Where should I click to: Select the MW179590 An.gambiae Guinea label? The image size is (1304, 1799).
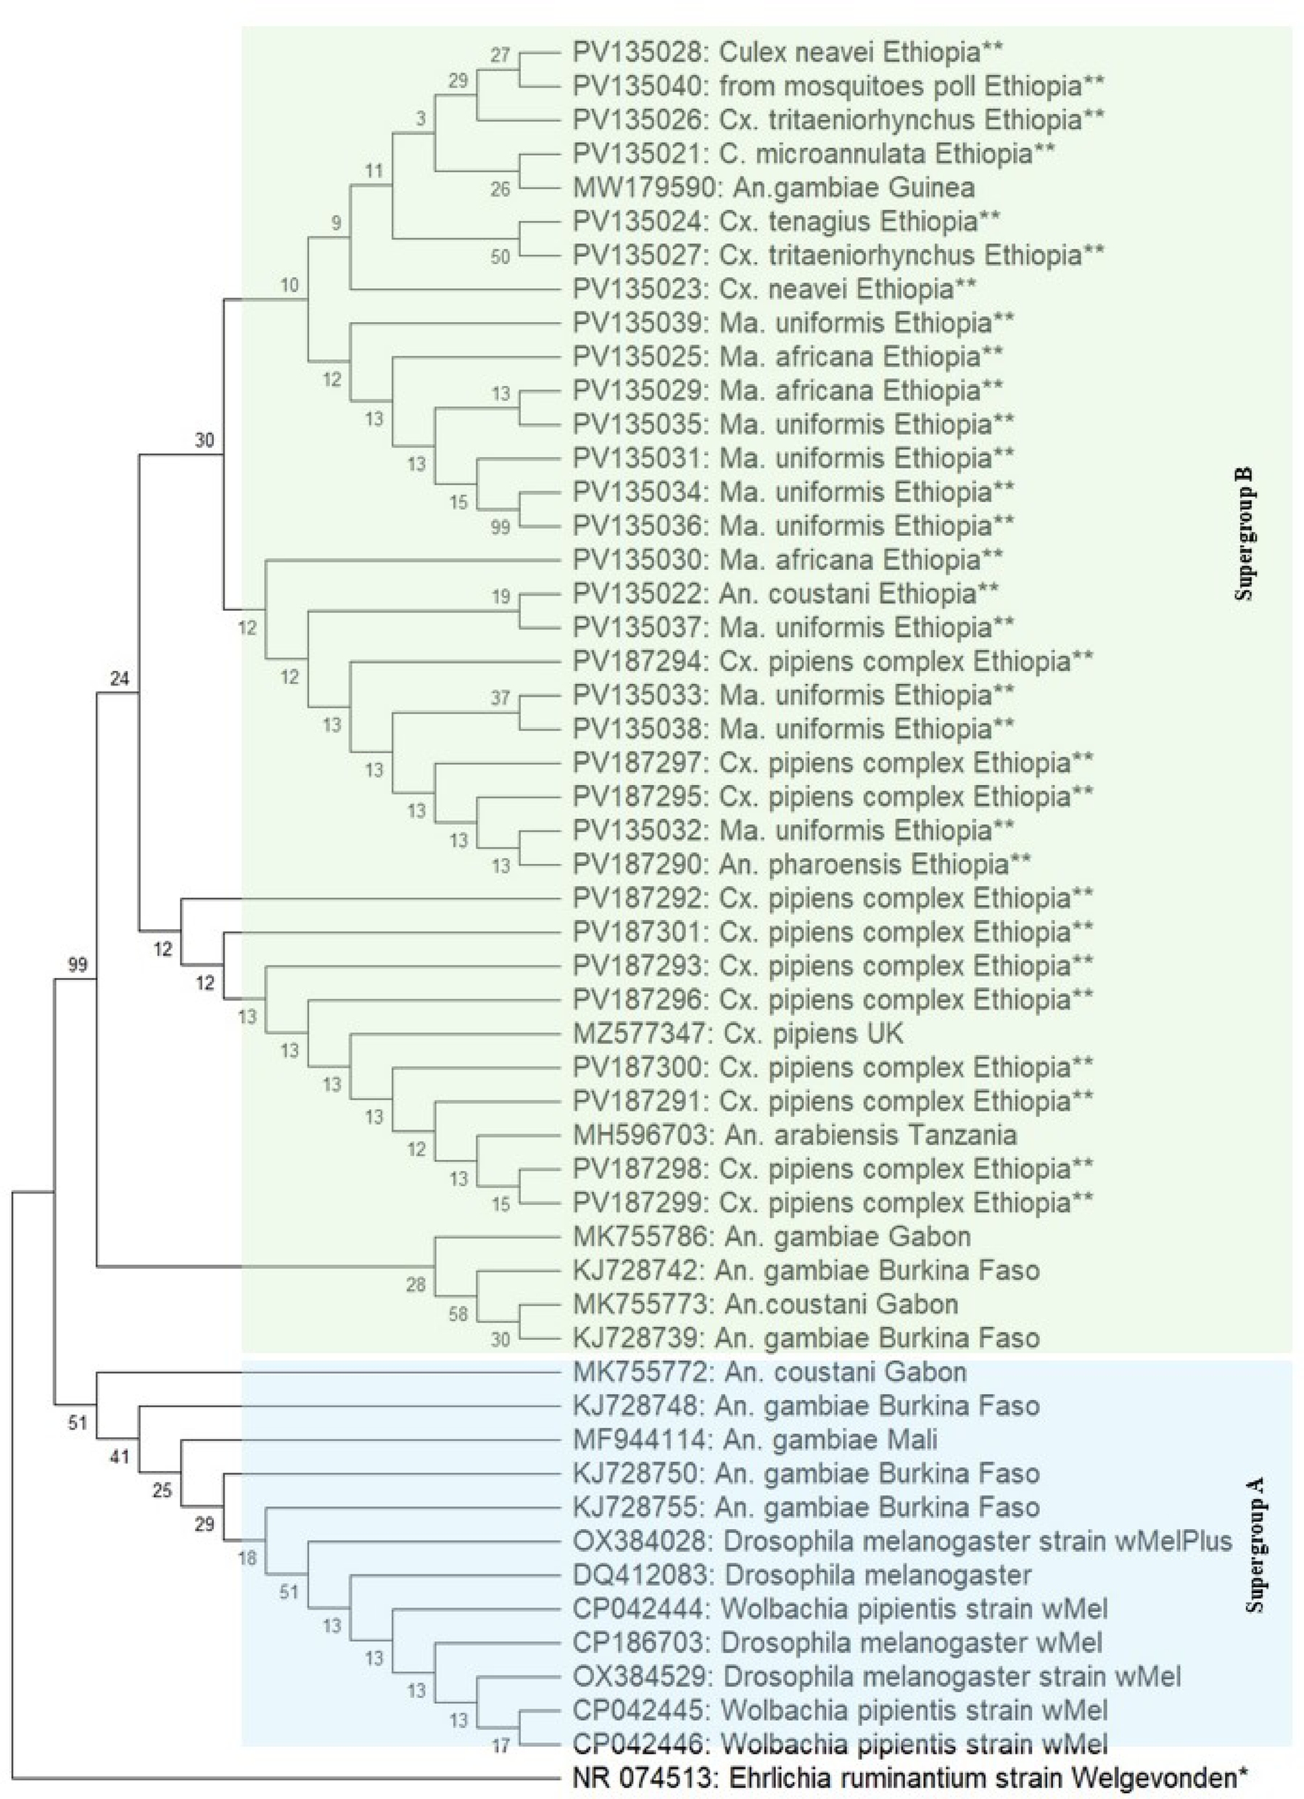click(x=772, y=187)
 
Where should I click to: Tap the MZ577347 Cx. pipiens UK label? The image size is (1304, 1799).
click(x=737, y=1033)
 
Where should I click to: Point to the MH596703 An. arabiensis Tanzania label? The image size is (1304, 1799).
click(x=793, y=1135)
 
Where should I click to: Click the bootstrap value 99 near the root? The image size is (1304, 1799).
click(x=77, y=965)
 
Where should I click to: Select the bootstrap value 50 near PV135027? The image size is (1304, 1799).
click(x=500, y=256)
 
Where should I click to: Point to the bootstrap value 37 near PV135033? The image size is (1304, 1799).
click(x=500, y=697)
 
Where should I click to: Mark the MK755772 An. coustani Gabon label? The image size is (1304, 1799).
click(x=769, y=1372)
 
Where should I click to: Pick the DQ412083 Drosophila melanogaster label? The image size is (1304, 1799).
click(x=801, y=1575)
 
